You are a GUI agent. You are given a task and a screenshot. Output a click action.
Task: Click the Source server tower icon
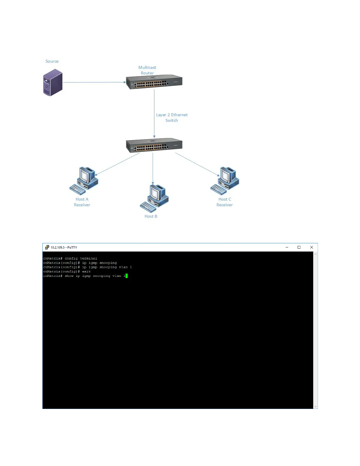pos(53,82)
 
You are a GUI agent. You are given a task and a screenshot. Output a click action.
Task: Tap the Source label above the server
pos(52,61)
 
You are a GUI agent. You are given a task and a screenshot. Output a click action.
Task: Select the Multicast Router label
pos(147,70)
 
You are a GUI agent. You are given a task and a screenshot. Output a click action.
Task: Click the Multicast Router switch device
pos(154,81)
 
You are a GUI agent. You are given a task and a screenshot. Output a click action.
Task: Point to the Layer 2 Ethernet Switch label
pos(172,117)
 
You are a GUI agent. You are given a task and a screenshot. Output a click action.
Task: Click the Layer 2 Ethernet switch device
pos(154,145)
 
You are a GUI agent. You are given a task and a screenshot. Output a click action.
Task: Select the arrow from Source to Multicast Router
pos(94,82)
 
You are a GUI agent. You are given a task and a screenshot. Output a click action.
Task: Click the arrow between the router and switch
pos(154,113)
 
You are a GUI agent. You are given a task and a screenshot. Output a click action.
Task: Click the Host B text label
pos(151,216)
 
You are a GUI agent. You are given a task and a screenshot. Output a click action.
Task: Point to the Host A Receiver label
pos(82,202)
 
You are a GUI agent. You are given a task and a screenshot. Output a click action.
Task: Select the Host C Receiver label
pos(225,202)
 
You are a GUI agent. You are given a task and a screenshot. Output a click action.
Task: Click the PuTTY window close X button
pos(311,247)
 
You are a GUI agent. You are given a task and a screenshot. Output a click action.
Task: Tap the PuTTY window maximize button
pos(299,247)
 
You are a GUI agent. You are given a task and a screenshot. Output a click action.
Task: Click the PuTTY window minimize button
pos(287,247)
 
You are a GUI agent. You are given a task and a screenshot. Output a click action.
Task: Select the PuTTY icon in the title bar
pos(47,247)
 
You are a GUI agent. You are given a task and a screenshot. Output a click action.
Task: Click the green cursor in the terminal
pos(126,276)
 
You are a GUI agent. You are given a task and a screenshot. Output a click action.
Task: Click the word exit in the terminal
pos(86,272)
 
